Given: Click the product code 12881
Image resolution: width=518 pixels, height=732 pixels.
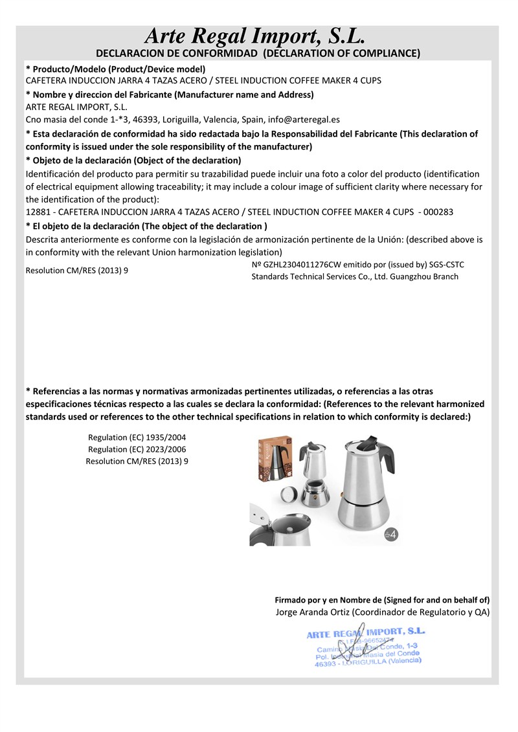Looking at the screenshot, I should tap(37, 212).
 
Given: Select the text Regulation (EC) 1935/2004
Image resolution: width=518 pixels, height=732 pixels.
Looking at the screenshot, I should tap(137, 438).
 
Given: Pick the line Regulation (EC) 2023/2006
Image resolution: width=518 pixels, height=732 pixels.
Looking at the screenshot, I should tap(137, 449).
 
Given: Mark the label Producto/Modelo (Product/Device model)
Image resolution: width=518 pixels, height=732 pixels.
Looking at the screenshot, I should tap(117, 69).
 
